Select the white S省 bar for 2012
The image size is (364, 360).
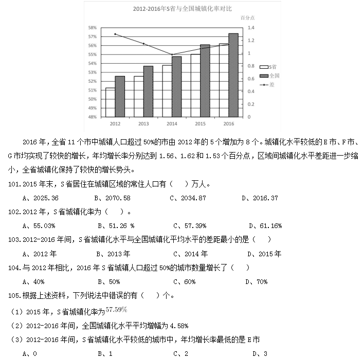(x=110, y=102)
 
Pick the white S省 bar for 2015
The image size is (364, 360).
(x=195, y=85)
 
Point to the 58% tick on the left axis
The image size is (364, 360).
(x=93, y=28)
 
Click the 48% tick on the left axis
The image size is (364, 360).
(x=93, y=117)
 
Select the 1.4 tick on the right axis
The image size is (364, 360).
(x=250, y=28)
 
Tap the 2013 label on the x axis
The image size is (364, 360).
(x=143, y=124)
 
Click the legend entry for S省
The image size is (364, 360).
(x=269, y=67)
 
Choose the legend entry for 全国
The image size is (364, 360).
(x=269, y=75)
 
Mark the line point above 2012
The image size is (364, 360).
(x=115, y=34)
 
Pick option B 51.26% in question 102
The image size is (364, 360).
(x=116, y=225)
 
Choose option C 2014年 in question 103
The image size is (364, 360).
(x=191, y=253)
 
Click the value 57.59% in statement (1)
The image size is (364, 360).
(x=116, y=310)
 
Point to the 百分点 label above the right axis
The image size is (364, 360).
(x=248, y=18)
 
